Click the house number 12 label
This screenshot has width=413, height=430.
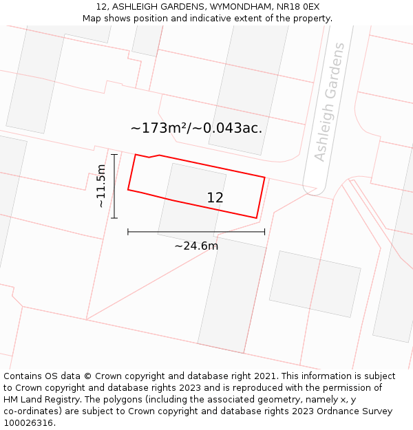pos(215,198)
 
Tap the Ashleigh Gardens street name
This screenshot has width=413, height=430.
pos(330,103)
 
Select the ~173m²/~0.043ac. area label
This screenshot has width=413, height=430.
pos(196,128)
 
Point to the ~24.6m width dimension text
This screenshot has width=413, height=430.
pos(196,246)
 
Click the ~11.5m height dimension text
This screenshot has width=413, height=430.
pos(101,186)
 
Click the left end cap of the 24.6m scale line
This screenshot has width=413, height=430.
pos(128,232)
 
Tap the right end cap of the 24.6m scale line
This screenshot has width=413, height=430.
pos(264,232)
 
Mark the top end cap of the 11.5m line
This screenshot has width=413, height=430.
pos(114,155)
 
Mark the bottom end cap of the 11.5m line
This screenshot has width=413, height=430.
pos(114,218)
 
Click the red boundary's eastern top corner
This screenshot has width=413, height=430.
pos(265,178)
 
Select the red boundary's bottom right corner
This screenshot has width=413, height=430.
pos(257,218)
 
